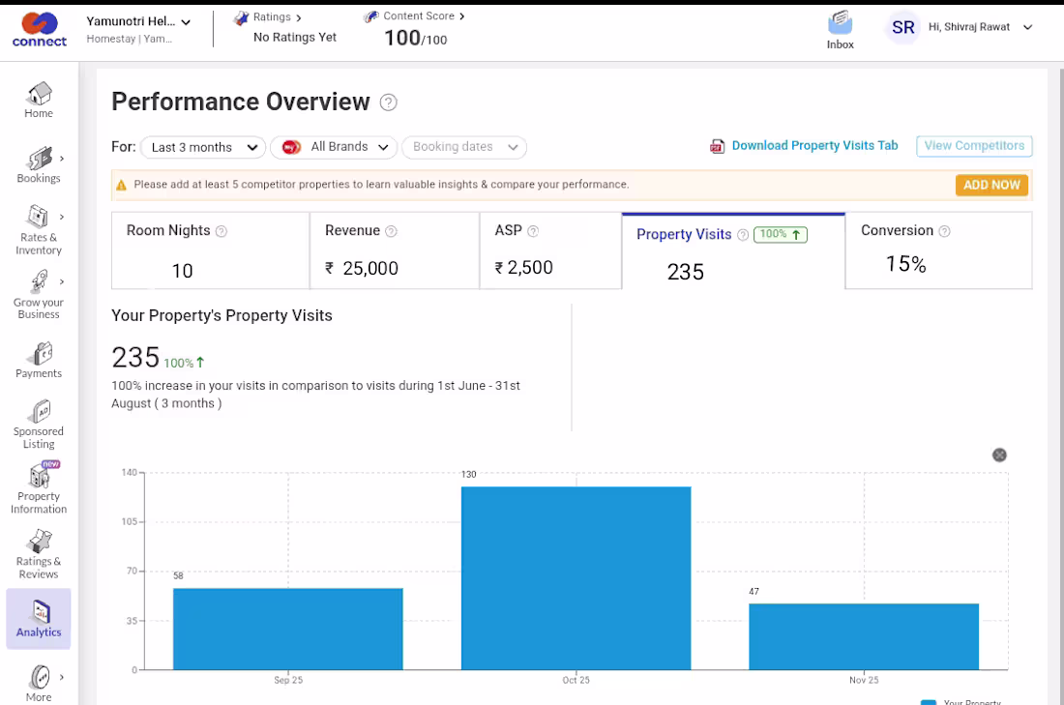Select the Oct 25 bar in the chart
pos(576,578)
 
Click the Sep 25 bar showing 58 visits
pos(287,629)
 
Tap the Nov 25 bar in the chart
pos(864,636)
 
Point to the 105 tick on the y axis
pos(129,521)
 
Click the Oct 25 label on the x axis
pos(576,680)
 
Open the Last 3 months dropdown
pos(203,147)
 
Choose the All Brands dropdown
pos(334,147)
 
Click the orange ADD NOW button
pos(991,186)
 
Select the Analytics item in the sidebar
pos(39,619)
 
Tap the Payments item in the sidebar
pos(39,361)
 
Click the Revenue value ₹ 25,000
pos(362,268)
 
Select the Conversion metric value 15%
pos(906,264)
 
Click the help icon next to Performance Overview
pos(388,103)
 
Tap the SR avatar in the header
pos(903,27)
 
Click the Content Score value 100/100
pos(415,38)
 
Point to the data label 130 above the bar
pos(469,474)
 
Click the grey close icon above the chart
pos(999,455)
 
